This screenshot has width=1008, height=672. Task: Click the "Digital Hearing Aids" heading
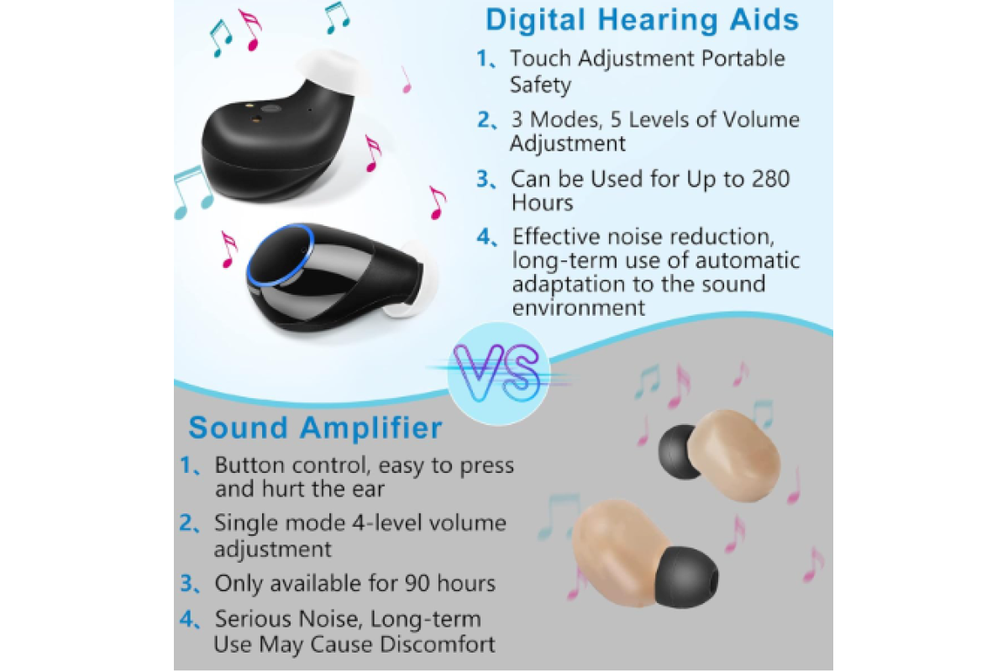[x=642, y=20]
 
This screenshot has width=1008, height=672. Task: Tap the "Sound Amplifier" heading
[x=315, y=428]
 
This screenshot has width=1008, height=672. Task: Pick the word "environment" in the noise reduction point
[x=578, y=308]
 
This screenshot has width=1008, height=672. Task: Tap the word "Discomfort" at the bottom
[x=437, y=644]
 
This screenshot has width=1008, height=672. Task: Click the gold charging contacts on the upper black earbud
[x=254, y=113]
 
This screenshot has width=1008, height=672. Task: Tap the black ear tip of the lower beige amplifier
[x=685, y=577]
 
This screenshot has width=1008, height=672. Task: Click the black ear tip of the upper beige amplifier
[x=679, y=452]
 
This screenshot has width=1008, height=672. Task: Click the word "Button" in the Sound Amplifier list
[x=249, y=465]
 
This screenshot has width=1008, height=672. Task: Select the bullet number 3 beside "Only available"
[x=186, y=583]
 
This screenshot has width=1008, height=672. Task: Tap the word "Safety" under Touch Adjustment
[x=540, y=85]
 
